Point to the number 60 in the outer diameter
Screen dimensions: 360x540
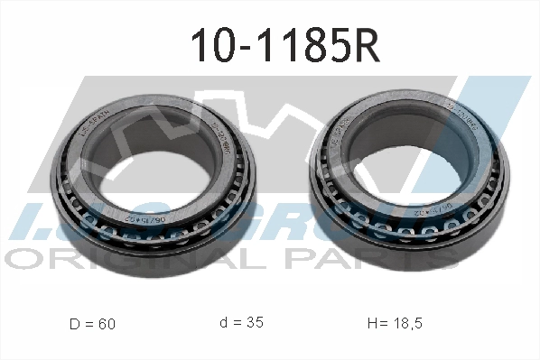coord(107,322)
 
